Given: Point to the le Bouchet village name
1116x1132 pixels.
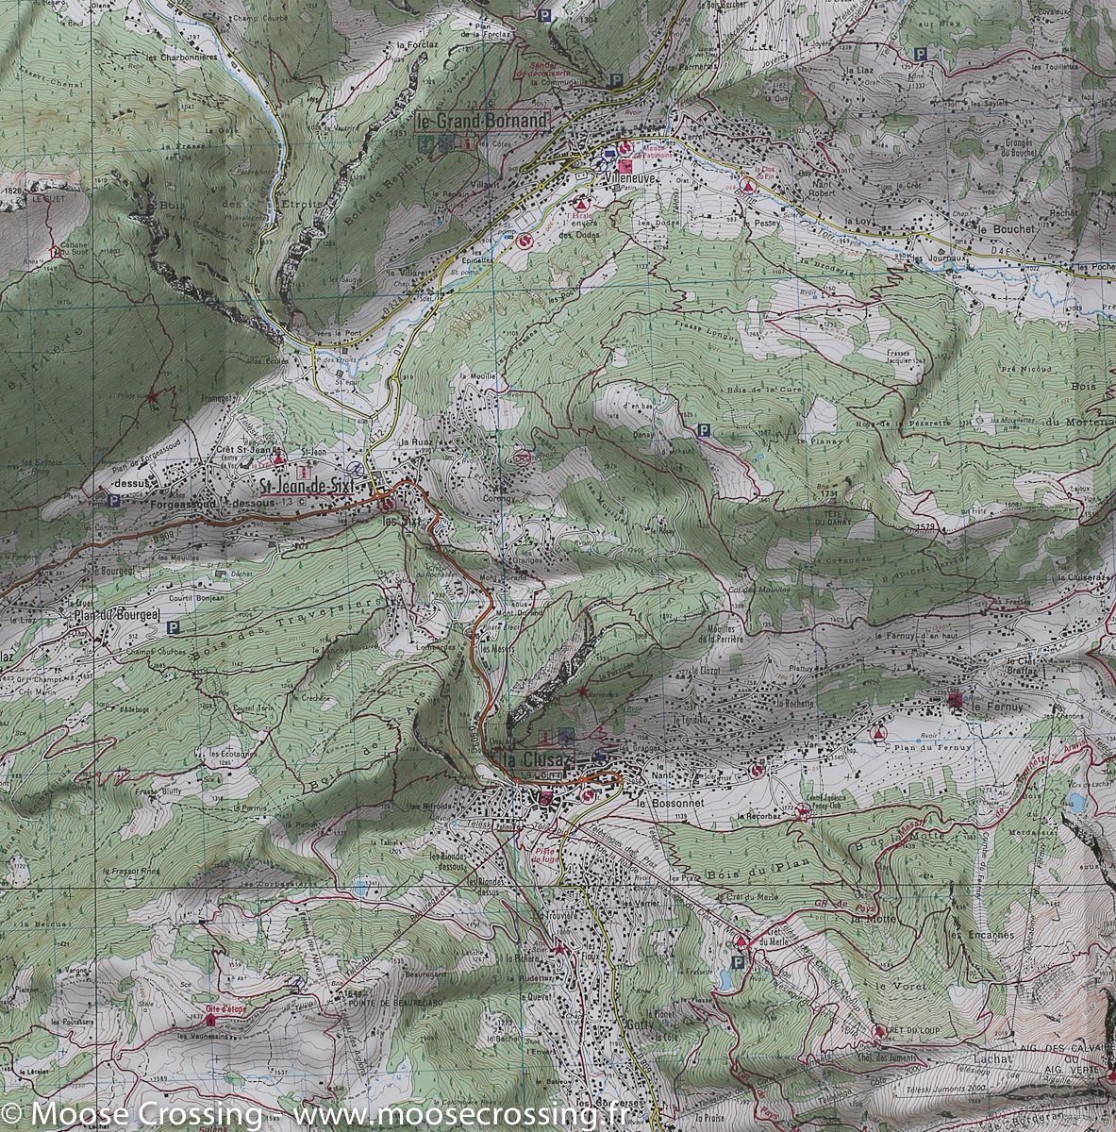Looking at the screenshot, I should click(x=1007, y=229).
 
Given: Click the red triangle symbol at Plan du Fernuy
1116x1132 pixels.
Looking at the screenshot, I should click(x=880, y=732).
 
